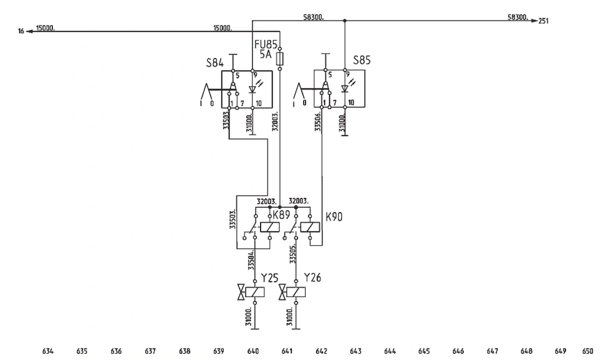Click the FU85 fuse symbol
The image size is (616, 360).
point(280,59)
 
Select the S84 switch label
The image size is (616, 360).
point(215,63)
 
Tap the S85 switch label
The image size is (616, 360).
point(362,60)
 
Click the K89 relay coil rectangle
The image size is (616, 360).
point(270,227)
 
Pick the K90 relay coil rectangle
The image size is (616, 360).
point(310,227)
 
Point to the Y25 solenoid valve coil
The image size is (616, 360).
point(255,292)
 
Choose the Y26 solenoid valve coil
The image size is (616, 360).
point(296,292)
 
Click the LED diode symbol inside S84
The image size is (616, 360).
point(253,89)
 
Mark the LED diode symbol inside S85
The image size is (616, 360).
point(345,89)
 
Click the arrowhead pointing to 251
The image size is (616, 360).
point(534,21)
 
